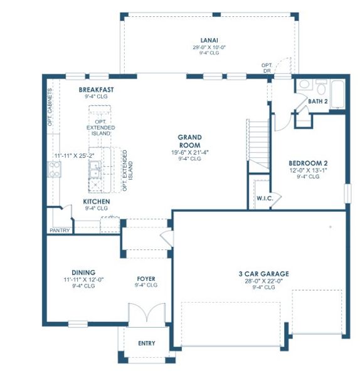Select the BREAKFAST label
pyautogui.click(x=96, y=90)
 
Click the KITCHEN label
pyautogui.click(x=97, y=201)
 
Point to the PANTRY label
pyautogui.click(x=60, y=230)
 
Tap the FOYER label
pyautogui.click(x=146, y=279)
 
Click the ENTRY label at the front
pyautogui.click(x=147, y=343)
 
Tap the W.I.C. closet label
pyautogui.click(x=263, y=199)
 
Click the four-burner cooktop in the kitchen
pyautogui.click(x=54, y=168)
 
